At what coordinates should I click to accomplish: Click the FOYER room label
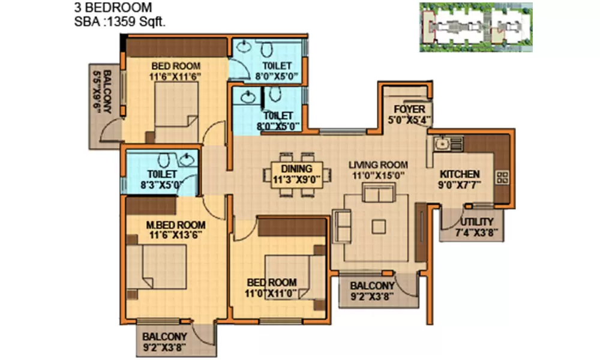(x=410, y=109)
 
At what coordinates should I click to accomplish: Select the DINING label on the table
(x=296, y=169)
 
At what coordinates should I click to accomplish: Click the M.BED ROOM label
(x=176, y=226)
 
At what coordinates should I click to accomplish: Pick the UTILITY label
(x=478, y=222)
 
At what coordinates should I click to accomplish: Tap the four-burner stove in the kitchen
(x=503, y=177)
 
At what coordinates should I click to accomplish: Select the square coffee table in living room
(x=379, y=226)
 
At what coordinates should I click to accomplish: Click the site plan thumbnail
(x=476, y=27)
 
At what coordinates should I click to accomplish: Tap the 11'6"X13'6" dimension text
(x=176, y=235)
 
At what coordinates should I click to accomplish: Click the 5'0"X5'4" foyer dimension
(x=410, y=119)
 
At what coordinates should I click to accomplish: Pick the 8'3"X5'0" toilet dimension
(x=159, y=185)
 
